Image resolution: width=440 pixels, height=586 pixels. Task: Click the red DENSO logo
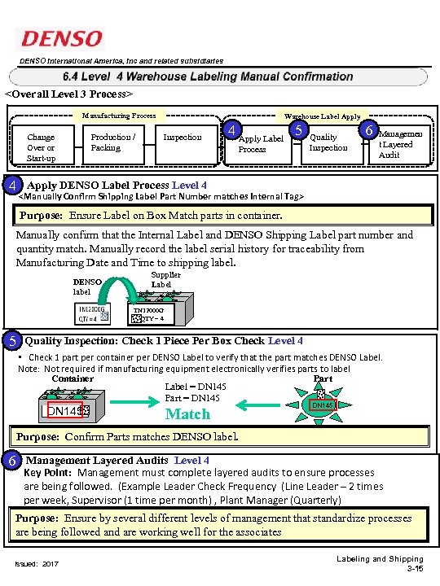[x=62, y=38]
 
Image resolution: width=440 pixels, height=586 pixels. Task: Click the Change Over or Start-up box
[x=41, y=147]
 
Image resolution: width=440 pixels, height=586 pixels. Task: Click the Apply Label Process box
[x=260, y=144]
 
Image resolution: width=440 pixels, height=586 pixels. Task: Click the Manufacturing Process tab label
[x=119, y=116]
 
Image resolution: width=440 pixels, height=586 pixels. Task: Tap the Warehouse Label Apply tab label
[x=323, y=116]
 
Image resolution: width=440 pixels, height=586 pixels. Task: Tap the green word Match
[x=187, y=414]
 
